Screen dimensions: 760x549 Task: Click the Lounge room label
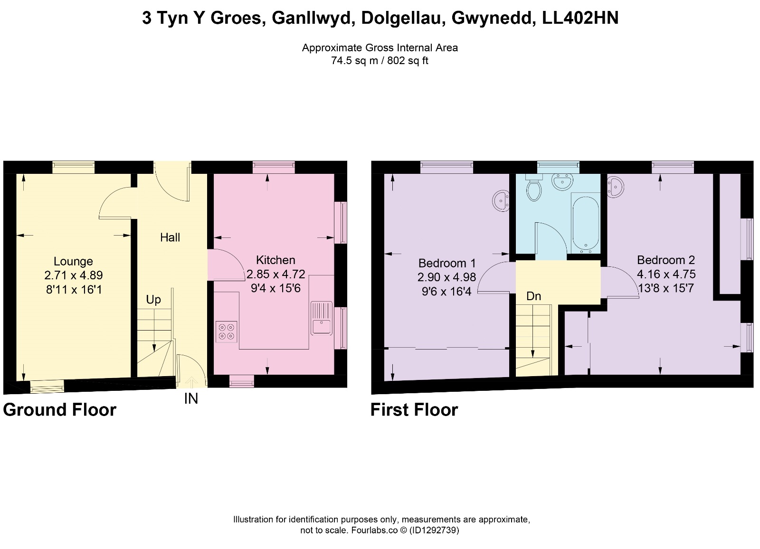click(x=73, y=261)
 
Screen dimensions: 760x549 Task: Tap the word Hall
click(x=170, y=237)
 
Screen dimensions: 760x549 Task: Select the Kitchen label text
click(x=275, y=260)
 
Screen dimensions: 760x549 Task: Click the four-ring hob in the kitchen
click(x=226, y=331)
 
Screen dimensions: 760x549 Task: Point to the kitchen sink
click(x=321, y=318)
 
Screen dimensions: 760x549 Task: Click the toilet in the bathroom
click(x=534, y=188)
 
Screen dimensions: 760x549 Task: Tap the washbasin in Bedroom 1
click(x=501, y=201)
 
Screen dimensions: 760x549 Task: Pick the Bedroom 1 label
click(x=447, y=263)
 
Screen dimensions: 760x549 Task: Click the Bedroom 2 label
click(x=666, y=260)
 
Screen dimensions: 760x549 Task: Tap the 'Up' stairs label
click(x=153, y=300)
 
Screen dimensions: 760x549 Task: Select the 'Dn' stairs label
click(x=533, y=296)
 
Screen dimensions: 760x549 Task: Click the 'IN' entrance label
click(x=191, y=398)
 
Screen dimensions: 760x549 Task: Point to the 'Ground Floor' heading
click(x=60, y=410)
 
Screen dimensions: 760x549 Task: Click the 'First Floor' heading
click(x=414, y=410)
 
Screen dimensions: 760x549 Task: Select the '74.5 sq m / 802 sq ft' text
click(x=380, y=61)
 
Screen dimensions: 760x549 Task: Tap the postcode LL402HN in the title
click(x=580, y=18)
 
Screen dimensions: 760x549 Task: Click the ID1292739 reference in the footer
click(x=434, y=530)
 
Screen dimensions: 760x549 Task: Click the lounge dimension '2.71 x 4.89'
click(x=73, y=275)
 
